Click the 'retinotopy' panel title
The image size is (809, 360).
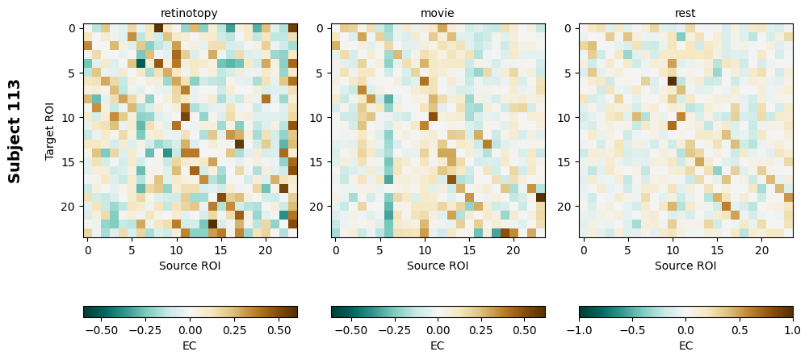189,13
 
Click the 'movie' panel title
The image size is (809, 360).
438,13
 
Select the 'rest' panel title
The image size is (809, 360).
685,13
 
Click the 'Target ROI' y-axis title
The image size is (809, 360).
50,131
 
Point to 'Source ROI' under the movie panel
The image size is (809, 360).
438,266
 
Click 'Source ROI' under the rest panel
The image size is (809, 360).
685,266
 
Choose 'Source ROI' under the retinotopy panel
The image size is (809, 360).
189,266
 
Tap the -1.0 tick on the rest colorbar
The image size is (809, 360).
579,330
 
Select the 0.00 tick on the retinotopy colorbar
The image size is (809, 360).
190,330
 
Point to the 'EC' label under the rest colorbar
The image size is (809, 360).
685,345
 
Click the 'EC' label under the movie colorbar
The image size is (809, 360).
438,345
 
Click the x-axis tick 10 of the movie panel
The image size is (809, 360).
424,250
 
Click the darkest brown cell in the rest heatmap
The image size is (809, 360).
672,81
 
